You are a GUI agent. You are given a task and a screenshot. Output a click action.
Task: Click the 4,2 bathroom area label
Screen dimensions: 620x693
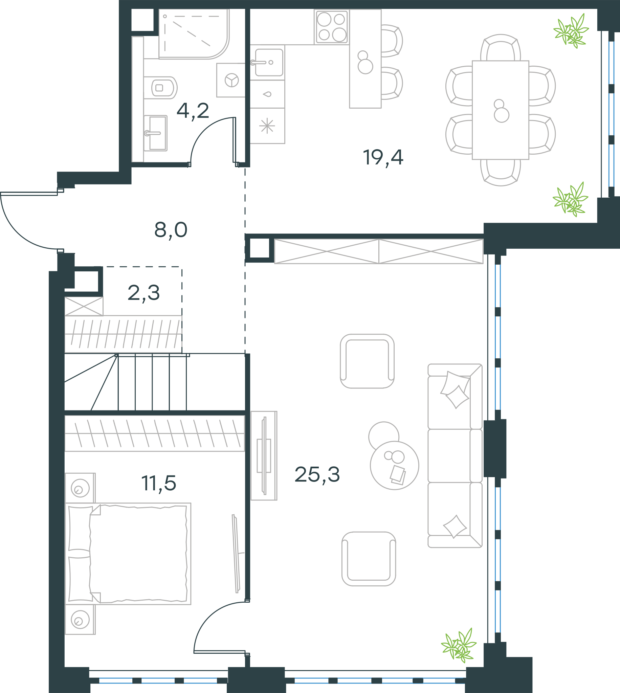click(x=193, y=111)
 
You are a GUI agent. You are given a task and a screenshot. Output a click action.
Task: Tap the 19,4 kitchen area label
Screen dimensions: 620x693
click(x=383, y=158)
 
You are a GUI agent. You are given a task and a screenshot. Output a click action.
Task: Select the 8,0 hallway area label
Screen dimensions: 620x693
click(x=171, y=230)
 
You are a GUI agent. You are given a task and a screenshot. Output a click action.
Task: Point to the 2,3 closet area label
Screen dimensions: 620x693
click(x=143, y=293)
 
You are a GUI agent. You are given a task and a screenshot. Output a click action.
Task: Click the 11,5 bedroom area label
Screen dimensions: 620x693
click(x=159, y=483)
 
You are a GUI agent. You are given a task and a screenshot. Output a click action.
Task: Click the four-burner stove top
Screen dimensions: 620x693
click(x=331, y=27)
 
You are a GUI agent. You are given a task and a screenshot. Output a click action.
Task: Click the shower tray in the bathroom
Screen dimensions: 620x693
click(x=194, y=34)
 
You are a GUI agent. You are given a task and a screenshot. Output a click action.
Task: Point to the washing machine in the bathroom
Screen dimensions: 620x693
click(x=231, y=80)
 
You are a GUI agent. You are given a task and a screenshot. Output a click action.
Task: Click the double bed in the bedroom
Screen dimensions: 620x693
click(x=128, y=553)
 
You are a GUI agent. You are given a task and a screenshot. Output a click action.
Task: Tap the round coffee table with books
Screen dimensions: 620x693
click(x=395, y=465)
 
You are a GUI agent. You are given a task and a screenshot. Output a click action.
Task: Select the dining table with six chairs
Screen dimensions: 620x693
click(x=501, y=110)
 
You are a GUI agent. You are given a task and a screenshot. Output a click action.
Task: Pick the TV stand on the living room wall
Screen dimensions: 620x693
click(x=264, y=456)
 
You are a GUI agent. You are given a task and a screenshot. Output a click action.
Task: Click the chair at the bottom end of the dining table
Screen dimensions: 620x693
click(x=501, y=173)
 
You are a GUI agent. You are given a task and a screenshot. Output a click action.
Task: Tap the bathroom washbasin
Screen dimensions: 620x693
click(x=156, y=133)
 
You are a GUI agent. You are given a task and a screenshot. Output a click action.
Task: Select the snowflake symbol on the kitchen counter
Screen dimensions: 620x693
click(x=267, y=126)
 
